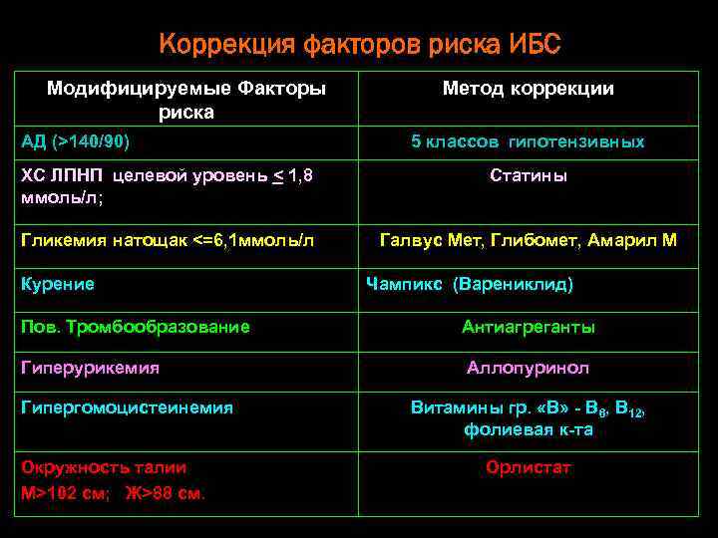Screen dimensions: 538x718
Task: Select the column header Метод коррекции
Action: pos(528,89)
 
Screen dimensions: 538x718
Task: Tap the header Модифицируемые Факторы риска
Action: pos(186,100)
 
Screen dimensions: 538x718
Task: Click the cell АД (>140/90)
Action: pos(76,141)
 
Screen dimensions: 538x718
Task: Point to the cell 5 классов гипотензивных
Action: pos(528,142)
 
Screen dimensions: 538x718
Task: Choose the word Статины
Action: pos(529,175)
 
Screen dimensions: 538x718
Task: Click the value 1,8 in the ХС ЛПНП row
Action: pos(299,176)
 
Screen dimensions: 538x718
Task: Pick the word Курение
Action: pos(58,284)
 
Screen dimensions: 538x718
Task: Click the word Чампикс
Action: pos(405,284)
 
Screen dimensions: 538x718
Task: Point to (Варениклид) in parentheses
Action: pos(513,284)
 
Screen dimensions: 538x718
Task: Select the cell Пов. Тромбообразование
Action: pos(136,326)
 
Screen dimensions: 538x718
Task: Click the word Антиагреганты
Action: pos(529,327)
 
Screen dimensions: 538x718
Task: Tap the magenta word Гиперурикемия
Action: pos(90,368)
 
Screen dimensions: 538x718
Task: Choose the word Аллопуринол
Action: pos(529,368)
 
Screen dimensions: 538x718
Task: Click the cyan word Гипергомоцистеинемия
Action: pos(127,406)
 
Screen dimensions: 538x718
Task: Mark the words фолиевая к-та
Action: pos(529,430)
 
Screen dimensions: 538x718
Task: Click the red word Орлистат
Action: pos(529,467)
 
